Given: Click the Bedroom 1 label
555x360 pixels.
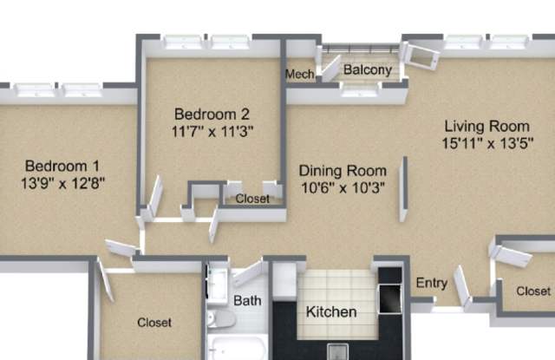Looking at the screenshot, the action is (x=62, y=166).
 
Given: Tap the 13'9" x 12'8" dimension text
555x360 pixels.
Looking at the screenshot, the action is (x=62, y=183).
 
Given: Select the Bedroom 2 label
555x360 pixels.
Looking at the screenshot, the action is (x=212, y=114).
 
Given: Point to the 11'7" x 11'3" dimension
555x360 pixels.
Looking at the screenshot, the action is (x=212, y=131).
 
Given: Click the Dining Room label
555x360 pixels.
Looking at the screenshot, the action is (x=343, y=171).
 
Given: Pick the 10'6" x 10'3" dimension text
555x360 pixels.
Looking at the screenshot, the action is (x=343, y=187).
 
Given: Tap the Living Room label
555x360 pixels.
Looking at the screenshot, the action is (x=487, y=127).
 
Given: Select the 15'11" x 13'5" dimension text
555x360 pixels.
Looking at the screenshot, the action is (x=487, y=143).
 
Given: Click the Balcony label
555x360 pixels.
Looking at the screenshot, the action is (x=368, y=69).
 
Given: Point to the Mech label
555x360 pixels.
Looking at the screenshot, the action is (x=300, y=75).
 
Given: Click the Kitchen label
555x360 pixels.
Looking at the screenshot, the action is (x=331, y=312).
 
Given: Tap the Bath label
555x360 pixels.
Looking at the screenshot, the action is (x=247, y=301).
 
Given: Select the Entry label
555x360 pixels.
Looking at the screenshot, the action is (x=432, y=283).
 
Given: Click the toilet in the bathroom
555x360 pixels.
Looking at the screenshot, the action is (x=220, y=318).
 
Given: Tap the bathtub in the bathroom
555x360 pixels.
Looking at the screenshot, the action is (x=238, y=349).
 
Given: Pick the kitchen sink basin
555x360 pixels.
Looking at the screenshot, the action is (x=337, y=351).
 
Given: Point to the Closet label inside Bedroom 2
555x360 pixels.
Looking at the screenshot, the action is (x=252, y=199).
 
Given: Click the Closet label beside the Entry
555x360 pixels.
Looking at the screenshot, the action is (x=533, y=291).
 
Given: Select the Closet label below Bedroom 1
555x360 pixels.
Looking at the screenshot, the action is (x=154, y=323).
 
